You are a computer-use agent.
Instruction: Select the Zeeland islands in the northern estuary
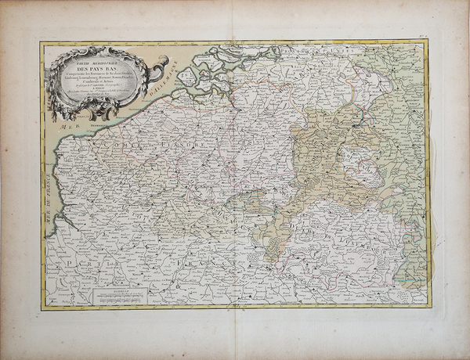[235, 59]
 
